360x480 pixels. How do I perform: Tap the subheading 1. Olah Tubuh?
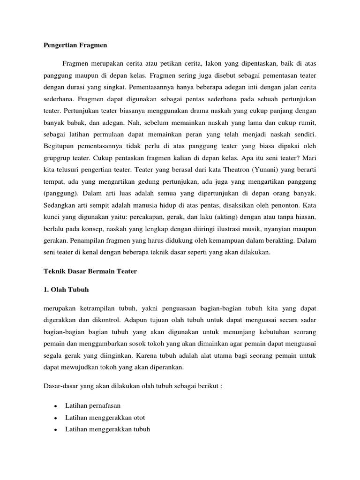click(x=66, y=290)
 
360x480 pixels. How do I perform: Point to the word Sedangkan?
click(x=60, y=205)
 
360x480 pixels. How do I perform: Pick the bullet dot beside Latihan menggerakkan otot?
click(x=56, y=417)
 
